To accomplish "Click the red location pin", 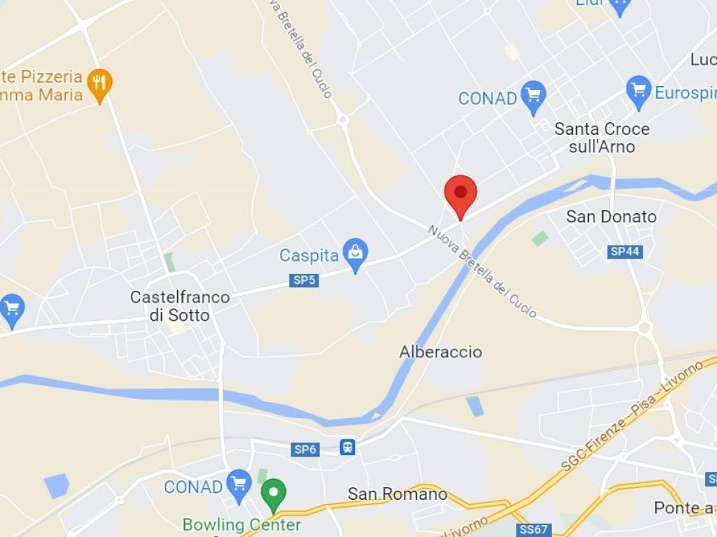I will [461, 194].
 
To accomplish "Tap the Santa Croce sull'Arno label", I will [601, 138].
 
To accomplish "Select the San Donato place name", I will [611, 217].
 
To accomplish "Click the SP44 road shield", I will [625, 252].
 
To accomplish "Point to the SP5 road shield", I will [304, 280].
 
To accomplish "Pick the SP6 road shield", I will [305, 450].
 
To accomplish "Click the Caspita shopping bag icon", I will [356, 255].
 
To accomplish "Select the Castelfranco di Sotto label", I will [180, 306].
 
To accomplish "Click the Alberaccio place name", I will [440, 352].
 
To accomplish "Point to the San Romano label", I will [397, 494].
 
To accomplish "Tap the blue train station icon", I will [348, 447].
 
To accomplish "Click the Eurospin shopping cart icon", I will [639, 92].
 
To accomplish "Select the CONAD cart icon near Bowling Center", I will [239, 483].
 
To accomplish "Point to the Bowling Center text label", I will [242, 524].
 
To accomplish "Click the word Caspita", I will [309, 255].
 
